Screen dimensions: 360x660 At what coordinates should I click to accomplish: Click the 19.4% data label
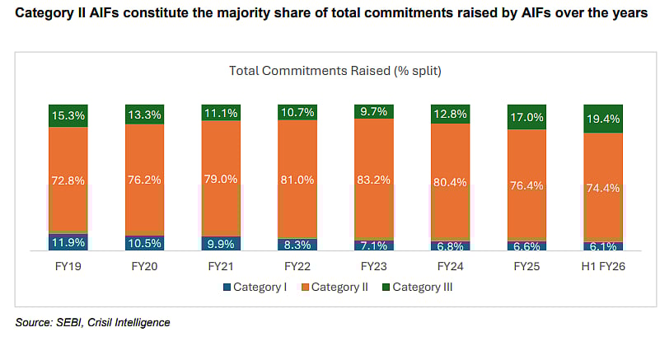pos(604,119)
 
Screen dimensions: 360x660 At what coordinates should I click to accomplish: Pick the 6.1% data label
pos(604,246)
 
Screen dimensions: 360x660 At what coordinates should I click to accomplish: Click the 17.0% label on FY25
pos(527,118)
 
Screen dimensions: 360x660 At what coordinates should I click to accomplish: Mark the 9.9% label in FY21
pos(222,244)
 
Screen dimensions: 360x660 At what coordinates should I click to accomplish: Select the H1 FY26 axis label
pos(604,268)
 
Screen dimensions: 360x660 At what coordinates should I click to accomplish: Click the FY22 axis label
pos(298,268)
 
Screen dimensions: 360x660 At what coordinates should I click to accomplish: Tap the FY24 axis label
pos(451,268)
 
